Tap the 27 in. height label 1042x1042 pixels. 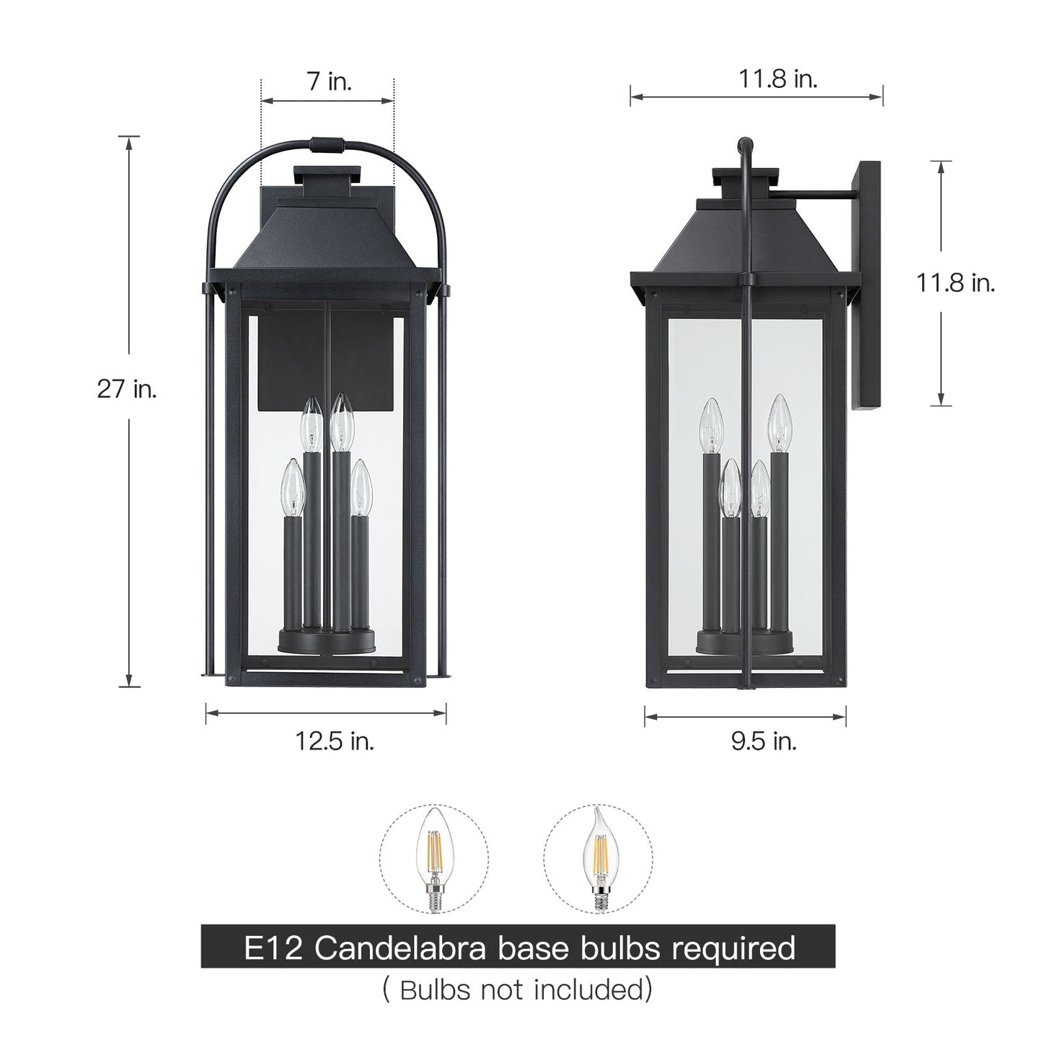[x=127, y=390]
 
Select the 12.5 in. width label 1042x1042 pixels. [x=335, y=741]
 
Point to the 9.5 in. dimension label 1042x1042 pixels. [x=764, y=741]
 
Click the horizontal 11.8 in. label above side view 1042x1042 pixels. [x=777, y=79]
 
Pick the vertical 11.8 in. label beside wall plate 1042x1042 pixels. [x=955, y=283]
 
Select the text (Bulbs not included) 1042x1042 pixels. [x=517, y=990]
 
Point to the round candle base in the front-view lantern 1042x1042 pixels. [x=328, y=640]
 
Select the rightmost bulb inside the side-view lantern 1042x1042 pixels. [x=777, y=422]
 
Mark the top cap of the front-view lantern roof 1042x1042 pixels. [x=327, y=174]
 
